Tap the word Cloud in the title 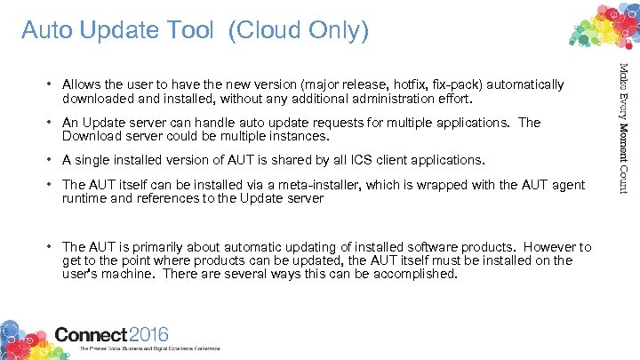click(x=264, y=31)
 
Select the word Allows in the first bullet click(x=82, y=84)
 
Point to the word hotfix click(x=428, y=84)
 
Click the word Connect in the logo click(x=92, y=334)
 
